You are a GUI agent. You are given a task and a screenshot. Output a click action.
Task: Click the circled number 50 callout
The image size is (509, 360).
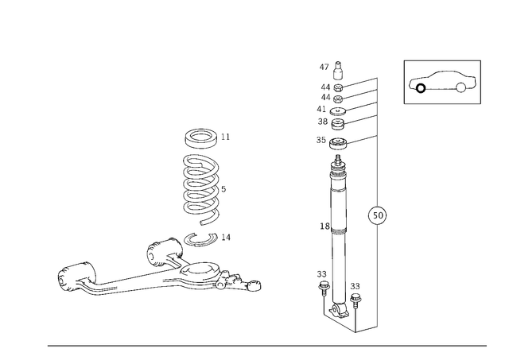click(x=378, y=215)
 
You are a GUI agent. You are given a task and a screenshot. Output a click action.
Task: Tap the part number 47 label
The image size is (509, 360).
click(x=324, y=67)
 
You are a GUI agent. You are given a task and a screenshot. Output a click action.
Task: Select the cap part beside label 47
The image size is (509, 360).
click(x=338, y=70)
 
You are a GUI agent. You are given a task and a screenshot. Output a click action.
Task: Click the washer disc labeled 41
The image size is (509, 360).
click(x=338, y=111)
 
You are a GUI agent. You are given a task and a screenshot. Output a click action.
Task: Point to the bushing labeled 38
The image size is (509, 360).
click(x=338, y=124)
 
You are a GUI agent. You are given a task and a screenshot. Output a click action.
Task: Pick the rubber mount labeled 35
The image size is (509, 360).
click(x=338, y=144)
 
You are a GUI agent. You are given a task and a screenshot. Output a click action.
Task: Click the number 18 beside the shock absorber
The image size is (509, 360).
click(x=324, y=226)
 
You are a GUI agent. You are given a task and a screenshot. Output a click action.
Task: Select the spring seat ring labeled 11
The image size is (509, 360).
click(x=201, y=138)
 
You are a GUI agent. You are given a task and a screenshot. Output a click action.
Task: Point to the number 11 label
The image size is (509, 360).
click(x=225, y=137)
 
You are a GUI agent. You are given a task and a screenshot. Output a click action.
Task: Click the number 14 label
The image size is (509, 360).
click(x=226, y=238)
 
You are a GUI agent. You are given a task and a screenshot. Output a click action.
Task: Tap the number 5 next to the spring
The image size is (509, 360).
click(x=223, y=189)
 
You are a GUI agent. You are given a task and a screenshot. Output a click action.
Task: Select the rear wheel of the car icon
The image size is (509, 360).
click(x=460, y=87)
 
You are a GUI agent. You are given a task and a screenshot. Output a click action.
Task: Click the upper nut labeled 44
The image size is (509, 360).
click(x=338, y=87)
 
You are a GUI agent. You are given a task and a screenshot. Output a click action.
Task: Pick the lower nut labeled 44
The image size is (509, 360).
click(x=338, y=99)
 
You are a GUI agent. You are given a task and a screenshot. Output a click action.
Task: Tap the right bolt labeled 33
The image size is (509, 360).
click(x=356, y=300)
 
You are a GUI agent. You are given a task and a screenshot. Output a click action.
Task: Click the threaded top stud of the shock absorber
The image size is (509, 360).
click(x=338, y=159)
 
